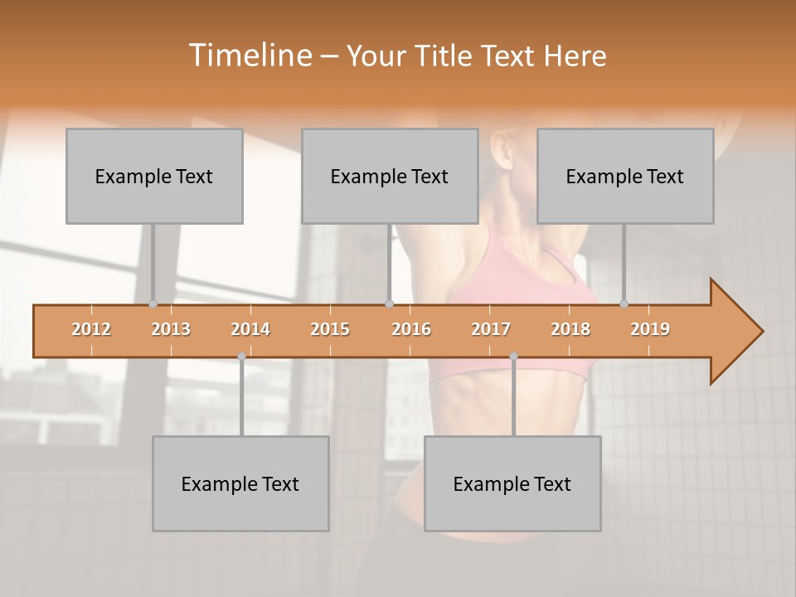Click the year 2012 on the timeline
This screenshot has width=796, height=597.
click(91, 329)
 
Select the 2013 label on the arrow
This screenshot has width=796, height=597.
click(171, 329)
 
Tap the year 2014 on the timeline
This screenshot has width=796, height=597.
click(250, 329)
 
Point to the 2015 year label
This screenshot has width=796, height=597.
click(330, 329)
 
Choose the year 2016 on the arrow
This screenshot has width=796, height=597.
click(411, 329)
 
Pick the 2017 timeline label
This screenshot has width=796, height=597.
click(491, 329)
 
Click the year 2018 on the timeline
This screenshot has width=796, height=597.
click(570, 329)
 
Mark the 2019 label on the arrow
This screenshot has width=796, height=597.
click(650, 329)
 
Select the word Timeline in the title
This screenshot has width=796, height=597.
click(249, 56)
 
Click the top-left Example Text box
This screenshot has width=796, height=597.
click(154, 176)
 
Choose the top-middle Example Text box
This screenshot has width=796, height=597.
click(390, 176)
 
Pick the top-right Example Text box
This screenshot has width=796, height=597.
click(625, 176)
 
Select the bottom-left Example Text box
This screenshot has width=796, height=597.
click(240, 483)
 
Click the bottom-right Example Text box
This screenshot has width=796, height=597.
click(512, 483)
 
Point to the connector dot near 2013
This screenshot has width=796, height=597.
click(153, 304)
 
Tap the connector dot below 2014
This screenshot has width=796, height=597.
click(241, 357)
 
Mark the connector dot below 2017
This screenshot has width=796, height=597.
click(513, 357)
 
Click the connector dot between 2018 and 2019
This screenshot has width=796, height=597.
click(624, 304)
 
